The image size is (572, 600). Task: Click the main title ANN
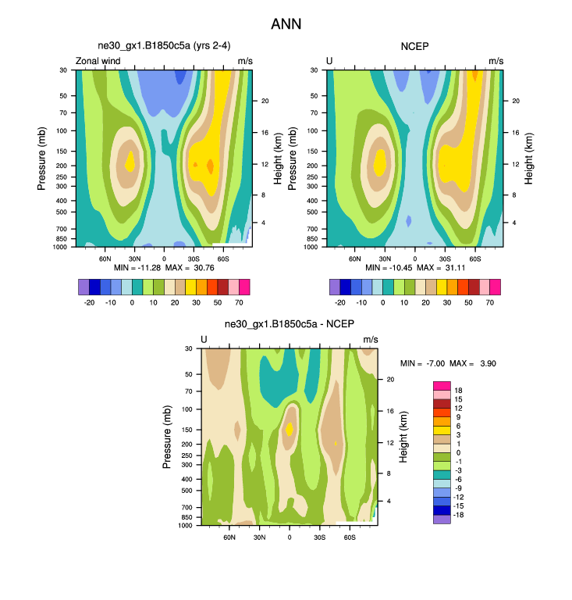click(286, 24)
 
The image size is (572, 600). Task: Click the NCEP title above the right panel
click(415, 46)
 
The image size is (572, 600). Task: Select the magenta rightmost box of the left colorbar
click(243, 287)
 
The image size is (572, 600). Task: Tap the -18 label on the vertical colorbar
click(459, 516)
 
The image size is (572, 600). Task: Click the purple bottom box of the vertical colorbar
click(441, 519)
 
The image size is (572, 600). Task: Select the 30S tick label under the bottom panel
click(319, 537)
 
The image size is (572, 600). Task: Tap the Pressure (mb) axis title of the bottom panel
click(168, 437)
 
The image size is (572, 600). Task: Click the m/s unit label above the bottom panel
click(370, 339)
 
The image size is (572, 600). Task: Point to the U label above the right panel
click(329, 61)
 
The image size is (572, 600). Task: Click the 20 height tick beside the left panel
click(265, 101)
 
